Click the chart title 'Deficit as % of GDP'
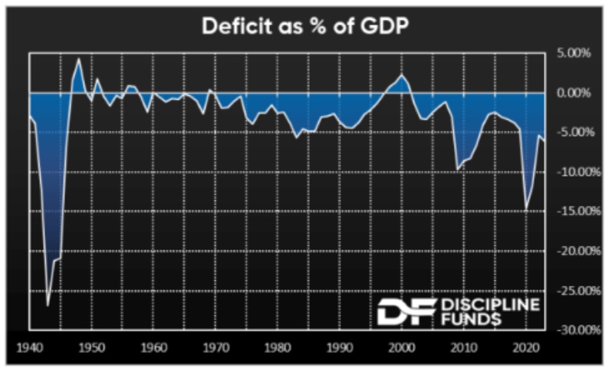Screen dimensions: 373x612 (x=305, y=26)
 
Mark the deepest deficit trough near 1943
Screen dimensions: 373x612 (x=48, y=305)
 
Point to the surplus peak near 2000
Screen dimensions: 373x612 (x=401, y=74)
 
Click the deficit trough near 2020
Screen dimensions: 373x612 (x=526, y=208)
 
